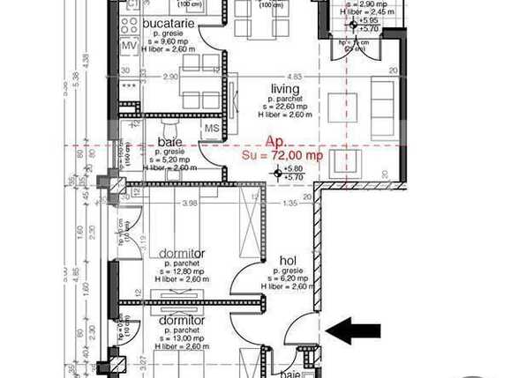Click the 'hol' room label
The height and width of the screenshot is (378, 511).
[x=288, y=261]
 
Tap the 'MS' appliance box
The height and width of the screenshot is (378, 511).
[x=212, y=129]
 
